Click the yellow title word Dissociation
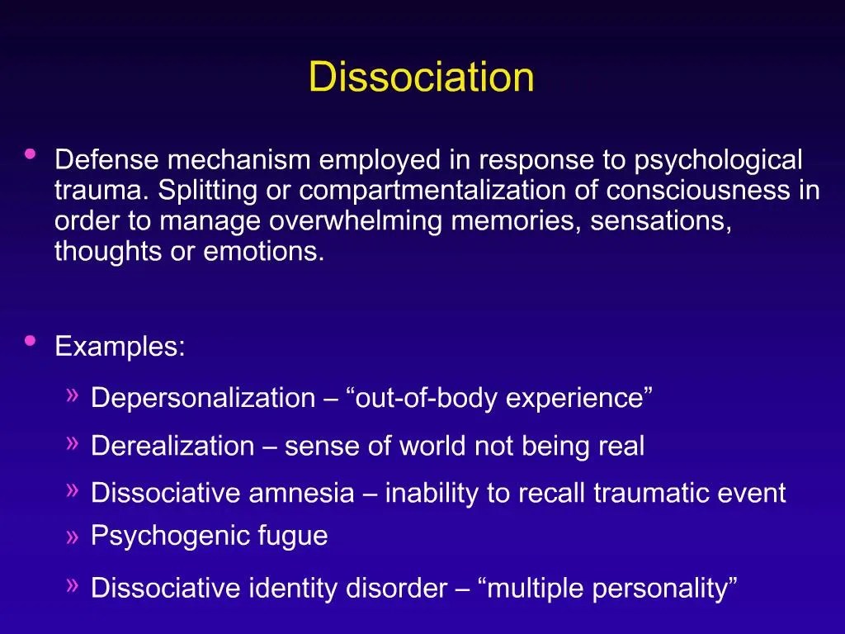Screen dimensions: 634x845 (x=421, y=78)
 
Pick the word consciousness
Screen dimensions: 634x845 (x=698, y=191)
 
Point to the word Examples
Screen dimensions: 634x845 (x=120, y=346)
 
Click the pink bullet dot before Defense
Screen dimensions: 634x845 (x=31, y=154)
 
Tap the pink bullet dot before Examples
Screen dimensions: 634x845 (x=31, y=340)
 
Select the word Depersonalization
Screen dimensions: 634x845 (x=203, y=398)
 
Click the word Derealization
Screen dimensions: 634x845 (x=172, y=447)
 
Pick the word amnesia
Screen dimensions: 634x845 (x=301, y=494)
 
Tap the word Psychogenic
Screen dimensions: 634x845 (x=163, y=536)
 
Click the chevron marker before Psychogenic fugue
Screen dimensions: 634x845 (x=73, y=537)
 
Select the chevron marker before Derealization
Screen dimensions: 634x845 (x=73, y=444)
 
